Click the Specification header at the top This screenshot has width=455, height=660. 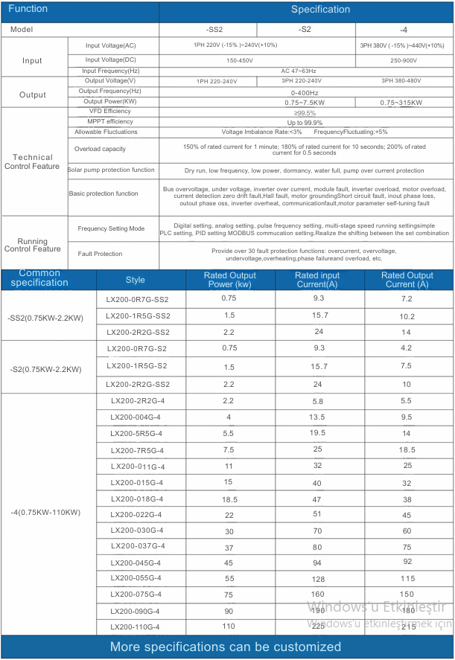pyautogui.click(x=320, y=10)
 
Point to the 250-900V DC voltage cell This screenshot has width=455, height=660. pyautogui.click(x=404, y=60)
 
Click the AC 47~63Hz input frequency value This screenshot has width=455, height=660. pyautogui.click(x=301, y=71)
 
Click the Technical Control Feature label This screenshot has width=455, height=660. pyautogui.click(x=33, y=161)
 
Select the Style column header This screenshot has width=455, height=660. pyautogui.click(x=136, y=280)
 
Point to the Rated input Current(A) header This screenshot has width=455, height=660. pyautogui.click(x=317, y=280)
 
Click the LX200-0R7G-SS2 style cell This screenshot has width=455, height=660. pyautogui.click(x=138, y=299)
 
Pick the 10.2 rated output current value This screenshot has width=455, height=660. pyautogui.click(x=406, y=315)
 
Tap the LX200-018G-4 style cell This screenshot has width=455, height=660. pyautogui.click(x=137, y=499)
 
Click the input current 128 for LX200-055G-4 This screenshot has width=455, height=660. pyautogui.click(x=318, y=578)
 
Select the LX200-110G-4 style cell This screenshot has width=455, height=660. pyautogui.click(x=135, y=627)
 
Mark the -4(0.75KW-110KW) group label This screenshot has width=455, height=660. pyautogui.click(x=45, y=512)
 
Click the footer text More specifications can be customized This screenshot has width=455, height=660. pyautogui.click(x=226, y=647)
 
